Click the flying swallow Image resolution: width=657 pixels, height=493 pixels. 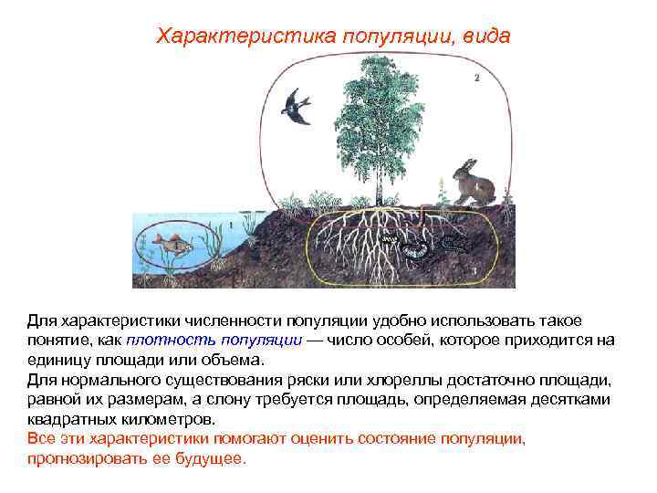click(x=297, y=104)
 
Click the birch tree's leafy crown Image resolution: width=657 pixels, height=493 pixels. click(x=376, y=110)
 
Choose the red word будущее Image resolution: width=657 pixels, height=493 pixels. click(x=208, y=457)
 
